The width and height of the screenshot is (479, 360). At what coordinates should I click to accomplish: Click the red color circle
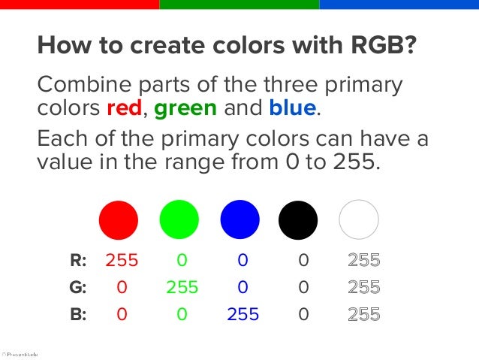(x=119, y=219)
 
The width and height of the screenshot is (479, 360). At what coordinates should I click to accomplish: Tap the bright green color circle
(x=179, y=219)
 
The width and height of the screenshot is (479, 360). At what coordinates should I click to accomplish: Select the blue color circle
(x=239, y=219)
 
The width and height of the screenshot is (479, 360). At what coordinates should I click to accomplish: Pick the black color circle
(x=298, y=219)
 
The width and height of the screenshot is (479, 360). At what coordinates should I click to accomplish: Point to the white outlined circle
(x=359, y=219)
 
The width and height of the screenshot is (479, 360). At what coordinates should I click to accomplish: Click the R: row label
(x=78, y=261)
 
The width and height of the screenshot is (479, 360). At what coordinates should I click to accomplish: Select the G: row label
(x=78, y=287)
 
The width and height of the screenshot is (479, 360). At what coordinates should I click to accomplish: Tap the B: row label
(x=78, y=313)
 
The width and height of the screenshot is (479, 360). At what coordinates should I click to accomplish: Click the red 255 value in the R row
(x=122, y=261)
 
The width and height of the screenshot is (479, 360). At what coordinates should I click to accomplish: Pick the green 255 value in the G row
(x=182, y=287)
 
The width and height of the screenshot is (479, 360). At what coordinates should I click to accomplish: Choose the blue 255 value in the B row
(x=243, y=313)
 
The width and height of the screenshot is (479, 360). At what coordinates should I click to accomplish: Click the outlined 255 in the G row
(x=364, y=287)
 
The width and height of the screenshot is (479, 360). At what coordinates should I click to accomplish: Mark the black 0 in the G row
(x=303, y=287)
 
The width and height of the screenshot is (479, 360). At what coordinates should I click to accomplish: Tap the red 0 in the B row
(x=122, y=313)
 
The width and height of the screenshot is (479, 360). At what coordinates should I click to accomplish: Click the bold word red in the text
(x=125, y=108)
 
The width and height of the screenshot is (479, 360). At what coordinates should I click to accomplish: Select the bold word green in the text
(x=185, y=108)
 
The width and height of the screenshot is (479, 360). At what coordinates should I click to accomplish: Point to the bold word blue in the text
(x=292, y=108)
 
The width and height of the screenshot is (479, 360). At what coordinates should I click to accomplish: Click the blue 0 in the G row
(x=243, y=287)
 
